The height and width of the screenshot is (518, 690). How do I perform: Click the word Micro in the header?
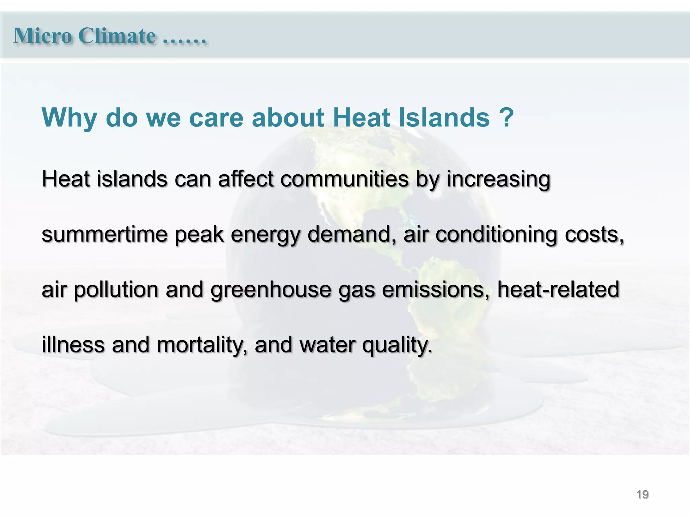(x=42, y=36)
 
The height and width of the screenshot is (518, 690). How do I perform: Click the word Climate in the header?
(x=117, y=36)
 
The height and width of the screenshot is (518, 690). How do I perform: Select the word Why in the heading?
(x=69, y=118)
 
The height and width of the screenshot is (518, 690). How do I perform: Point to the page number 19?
(x=642, y=494)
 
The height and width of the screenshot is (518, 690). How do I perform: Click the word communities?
(x=344, y=179)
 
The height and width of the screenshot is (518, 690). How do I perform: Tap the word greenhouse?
(x=271, y=290)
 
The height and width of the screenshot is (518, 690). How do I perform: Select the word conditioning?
(x=496, y=235)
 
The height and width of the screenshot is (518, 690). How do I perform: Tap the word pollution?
(x=116, y=290)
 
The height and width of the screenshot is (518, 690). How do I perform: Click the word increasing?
(x=498, y=179)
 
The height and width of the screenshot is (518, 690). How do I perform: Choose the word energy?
(x=265, y=235)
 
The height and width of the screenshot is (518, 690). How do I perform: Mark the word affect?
(x=246, y=179)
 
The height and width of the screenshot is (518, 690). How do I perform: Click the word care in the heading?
(x=216, y=118)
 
